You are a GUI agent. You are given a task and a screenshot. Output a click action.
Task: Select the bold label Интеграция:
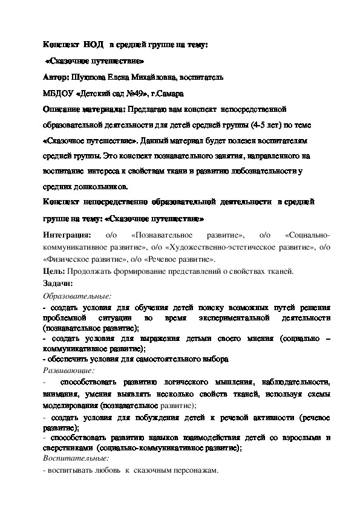tap(68, 235)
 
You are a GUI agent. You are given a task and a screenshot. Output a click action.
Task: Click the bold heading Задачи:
tap(58, 283)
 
